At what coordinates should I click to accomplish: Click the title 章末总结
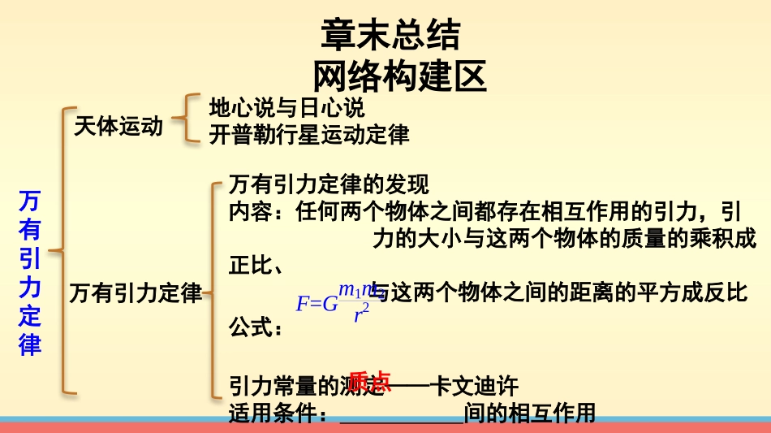(390, 36)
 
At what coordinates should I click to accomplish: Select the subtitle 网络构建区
(399, 76)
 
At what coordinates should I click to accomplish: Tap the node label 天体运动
(118, 126)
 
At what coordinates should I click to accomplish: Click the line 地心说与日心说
(286, 107)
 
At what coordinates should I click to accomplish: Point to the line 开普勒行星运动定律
(308, 134)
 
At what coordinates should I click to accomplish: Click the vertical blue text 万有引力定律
(30, 273)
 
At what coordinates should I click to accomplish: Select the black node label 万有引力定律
(136, 292)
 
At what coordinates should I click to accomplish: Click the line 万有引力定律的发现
(328, 184)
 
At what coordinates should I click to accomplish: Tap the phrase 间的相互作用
(529, 414)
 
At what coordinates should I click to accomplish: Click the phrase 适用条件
(272, 414)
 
